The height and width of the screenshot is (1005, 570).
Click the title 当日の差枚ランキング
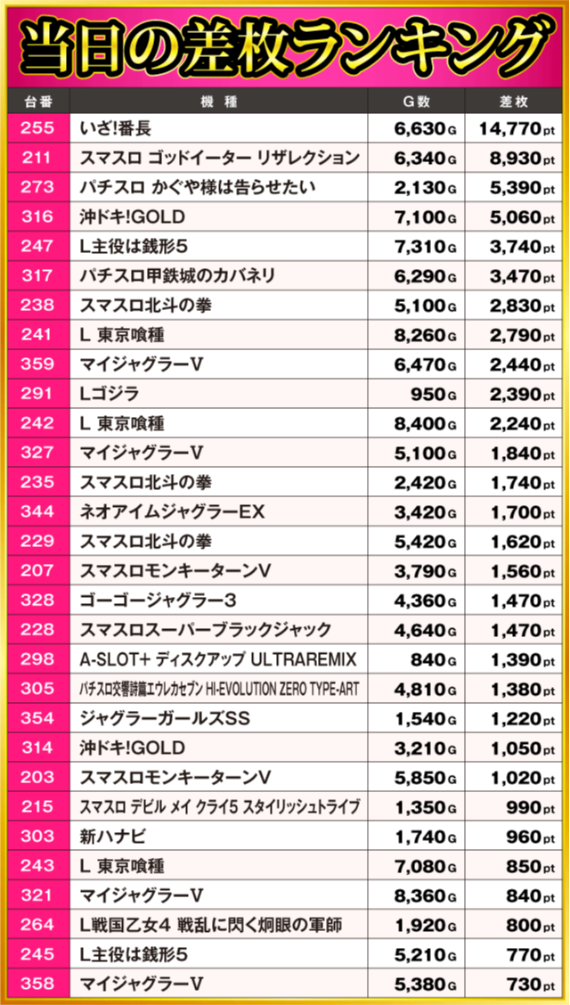point(285,45)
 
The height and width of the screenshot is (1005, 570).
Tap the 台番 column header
point(37,101)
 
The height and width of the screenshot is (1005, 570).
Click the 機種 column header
point(219,101)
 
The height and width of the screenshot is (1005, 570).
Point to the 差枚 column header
point(516,101)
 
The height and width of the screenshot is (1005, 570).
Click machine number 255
point(37,129)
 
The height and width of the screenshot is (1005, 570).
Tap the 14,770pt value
point(516,129)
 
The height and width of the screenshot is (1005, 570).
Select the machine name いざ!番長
point(117,129)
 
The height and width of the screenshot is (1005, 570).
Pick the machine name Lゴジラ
point(109,394)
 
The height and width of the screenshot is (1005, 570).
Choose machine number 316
point(37,217)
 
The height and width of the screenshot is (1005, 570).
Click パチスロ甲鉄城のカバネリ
point(177,276)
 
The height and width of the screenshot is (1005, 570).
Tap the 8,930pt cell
point(516,159)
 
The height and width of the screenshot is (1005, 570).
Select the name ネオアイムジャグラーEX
point(171,512)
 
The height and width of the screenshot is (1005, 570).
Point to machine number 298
point(37,659)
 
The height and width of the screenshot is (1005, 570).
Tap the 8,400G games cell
point(425,424)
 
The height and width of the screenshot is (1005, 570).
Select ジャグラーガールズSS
point(165,718)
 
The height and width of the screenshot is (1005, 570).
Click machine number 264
point(37,925)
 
